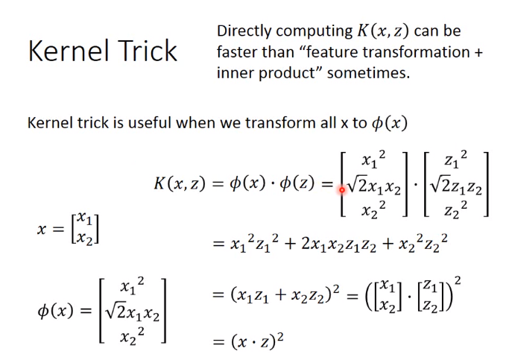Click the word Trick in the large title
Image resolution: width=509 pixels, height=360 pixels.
148,51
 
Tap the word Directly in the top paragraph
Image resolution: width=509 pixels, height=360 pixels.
244,32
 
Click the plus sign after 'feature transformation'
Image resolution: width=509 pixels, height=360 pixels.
478,53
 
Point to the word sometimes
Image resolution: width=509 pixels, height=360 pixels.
368,73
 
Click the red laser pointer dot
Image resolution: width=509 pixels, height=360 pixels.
342,189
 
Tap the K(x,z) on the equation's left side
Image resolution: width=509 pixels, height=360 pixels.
180,183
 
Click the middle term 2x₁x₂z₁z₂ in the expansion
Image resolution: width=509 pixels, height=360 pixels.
338,244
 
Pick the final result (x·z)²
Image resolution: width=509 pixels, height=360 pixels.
257,341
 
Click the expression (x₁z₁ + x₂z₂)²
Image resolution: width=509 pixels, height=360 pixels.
285,294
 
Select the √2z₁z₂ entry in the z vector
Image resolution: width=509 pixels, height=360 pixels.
456,187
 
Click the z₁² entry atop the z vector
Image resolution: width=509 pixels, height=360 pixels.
456,159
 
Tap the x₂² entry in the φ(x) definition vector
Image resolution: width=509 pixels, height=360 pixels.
132,336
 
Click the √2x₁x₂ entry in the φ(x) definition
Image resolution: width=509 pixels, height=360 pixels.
132,312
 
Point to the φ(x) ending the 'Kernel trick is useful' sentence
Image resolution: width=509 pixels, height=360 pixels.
389,124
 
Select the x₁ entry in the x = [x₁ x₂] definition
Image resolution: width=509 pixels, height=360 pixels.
85,219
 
